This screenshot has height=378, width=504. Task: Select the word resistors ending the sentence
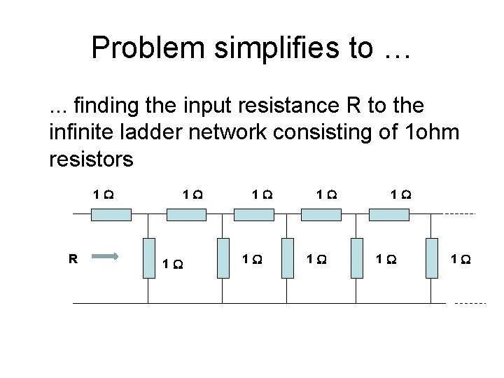pos(92,160)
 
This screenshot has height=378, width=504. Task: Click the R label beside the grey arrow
pos(72,257)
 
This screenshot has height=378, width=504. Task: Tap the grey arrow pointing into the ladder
pos(106,257)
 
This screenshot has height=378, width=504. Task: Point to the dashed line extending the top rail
pos(461,213)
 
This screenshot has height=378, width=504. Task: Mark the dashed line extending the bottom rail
pos(470,304)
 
